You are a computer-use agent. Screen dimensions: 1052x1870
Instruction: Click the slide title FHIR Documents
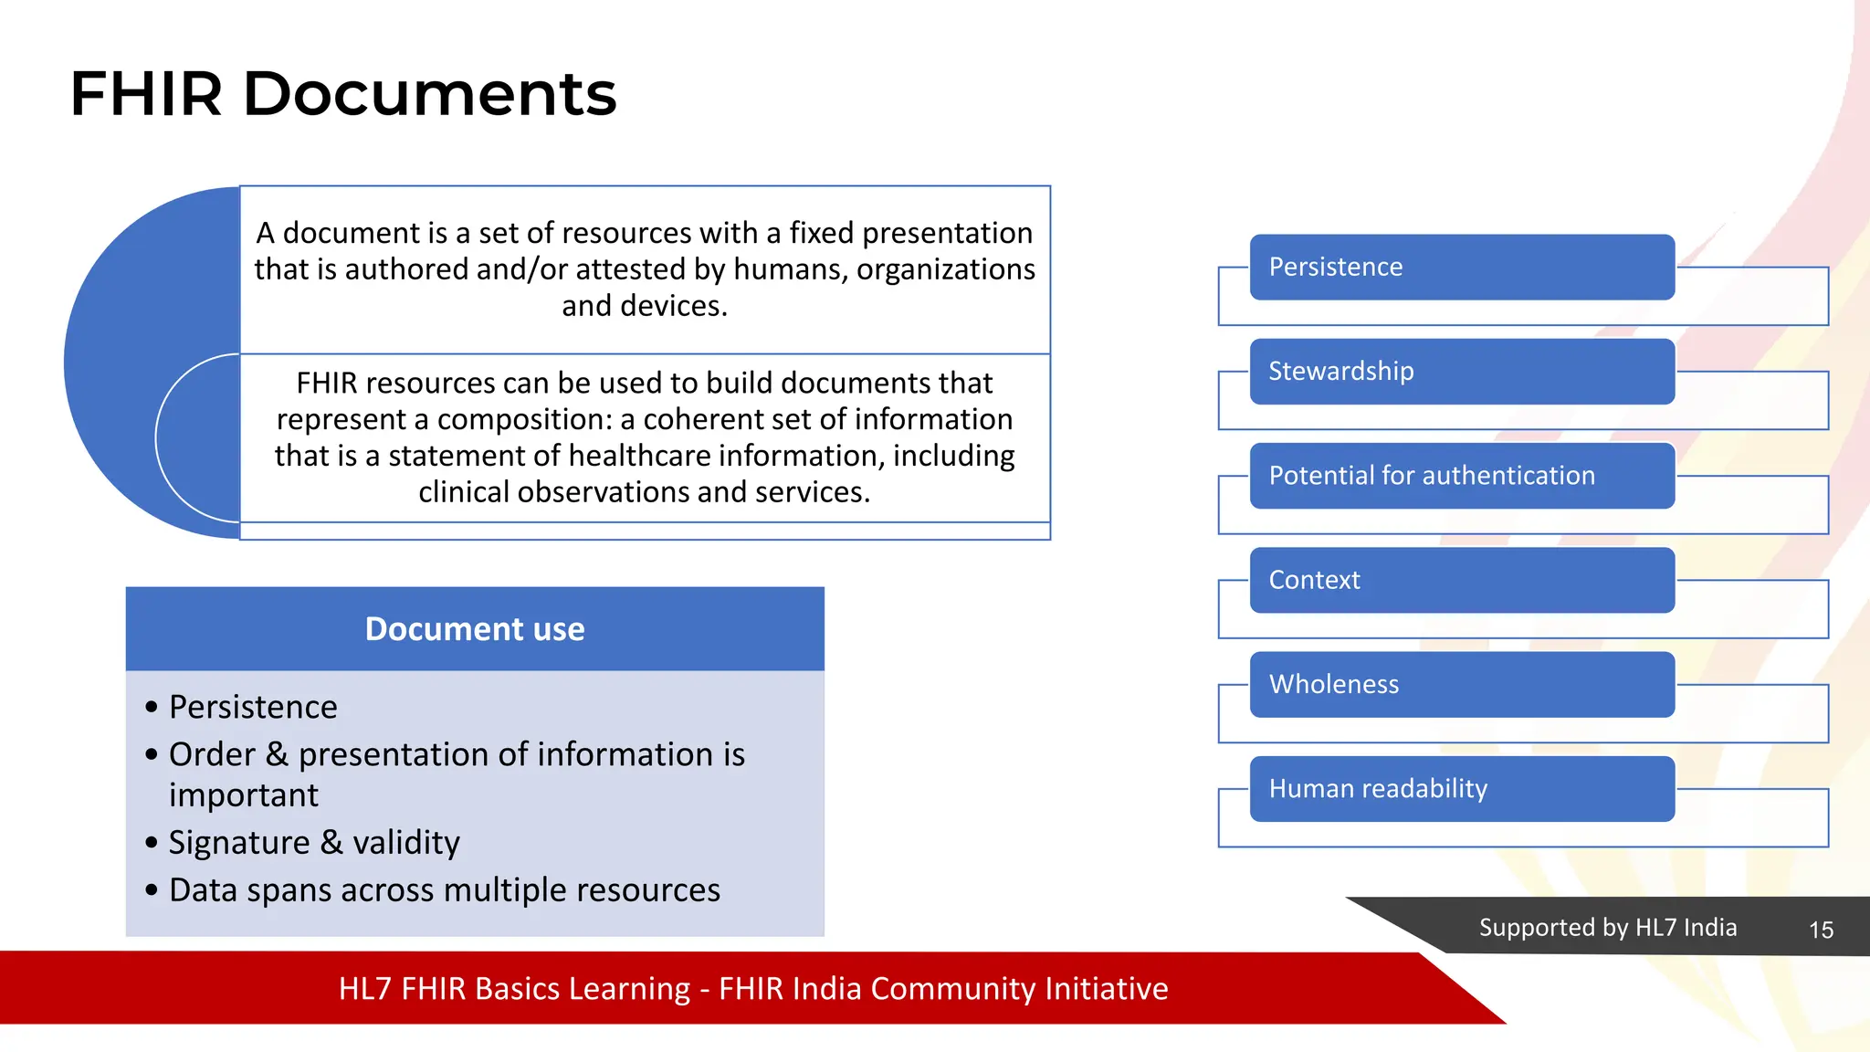(x=343, y=94)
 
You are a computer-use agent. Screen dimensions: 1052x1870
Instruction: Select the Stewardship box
(x=1461, y=372)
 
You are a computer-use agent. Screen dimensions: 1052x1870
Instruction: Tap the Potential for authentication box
(x=1461, y=476)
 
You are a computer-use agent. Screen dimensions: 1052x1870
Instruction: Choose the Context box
(x=1461, y=580)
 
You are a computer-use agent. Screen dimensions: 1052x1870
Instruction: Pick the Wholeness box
(x=1461, y=684)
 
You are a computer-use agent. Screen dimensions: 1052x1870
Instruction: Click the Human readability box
(x=1461, y=788)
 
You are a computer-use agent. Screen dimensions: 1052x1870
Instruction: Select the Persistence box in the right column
(x=1461, y=267)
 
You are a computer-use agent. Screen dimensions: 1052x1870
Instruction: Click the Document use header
(x=475, y=629)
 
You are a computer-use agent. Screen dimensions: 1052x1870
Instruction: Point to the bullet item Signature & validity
(x=314, y=842)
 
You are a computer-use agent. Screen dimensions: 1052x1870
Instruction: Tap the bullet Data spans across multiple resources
(x=445, y=889)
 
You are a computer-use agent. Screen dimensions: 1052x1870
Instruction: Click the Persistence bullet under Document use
(x=253, y=707)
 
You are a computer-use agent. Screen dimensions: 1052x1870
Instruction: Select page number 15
(x=1821, y=930)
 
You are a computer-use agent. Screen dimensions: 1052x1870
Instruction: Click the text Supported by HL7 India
(x=1607, y=928)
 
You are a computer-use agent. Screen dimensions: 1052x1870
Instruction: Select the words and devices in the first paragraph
(x=644, y=306)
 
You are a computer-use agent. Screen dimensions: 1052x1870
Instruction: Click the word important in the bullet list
(x=244, y=795)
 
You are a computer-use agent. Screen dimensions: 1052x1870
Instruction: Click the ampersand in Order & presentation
(x=277, y=754)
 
